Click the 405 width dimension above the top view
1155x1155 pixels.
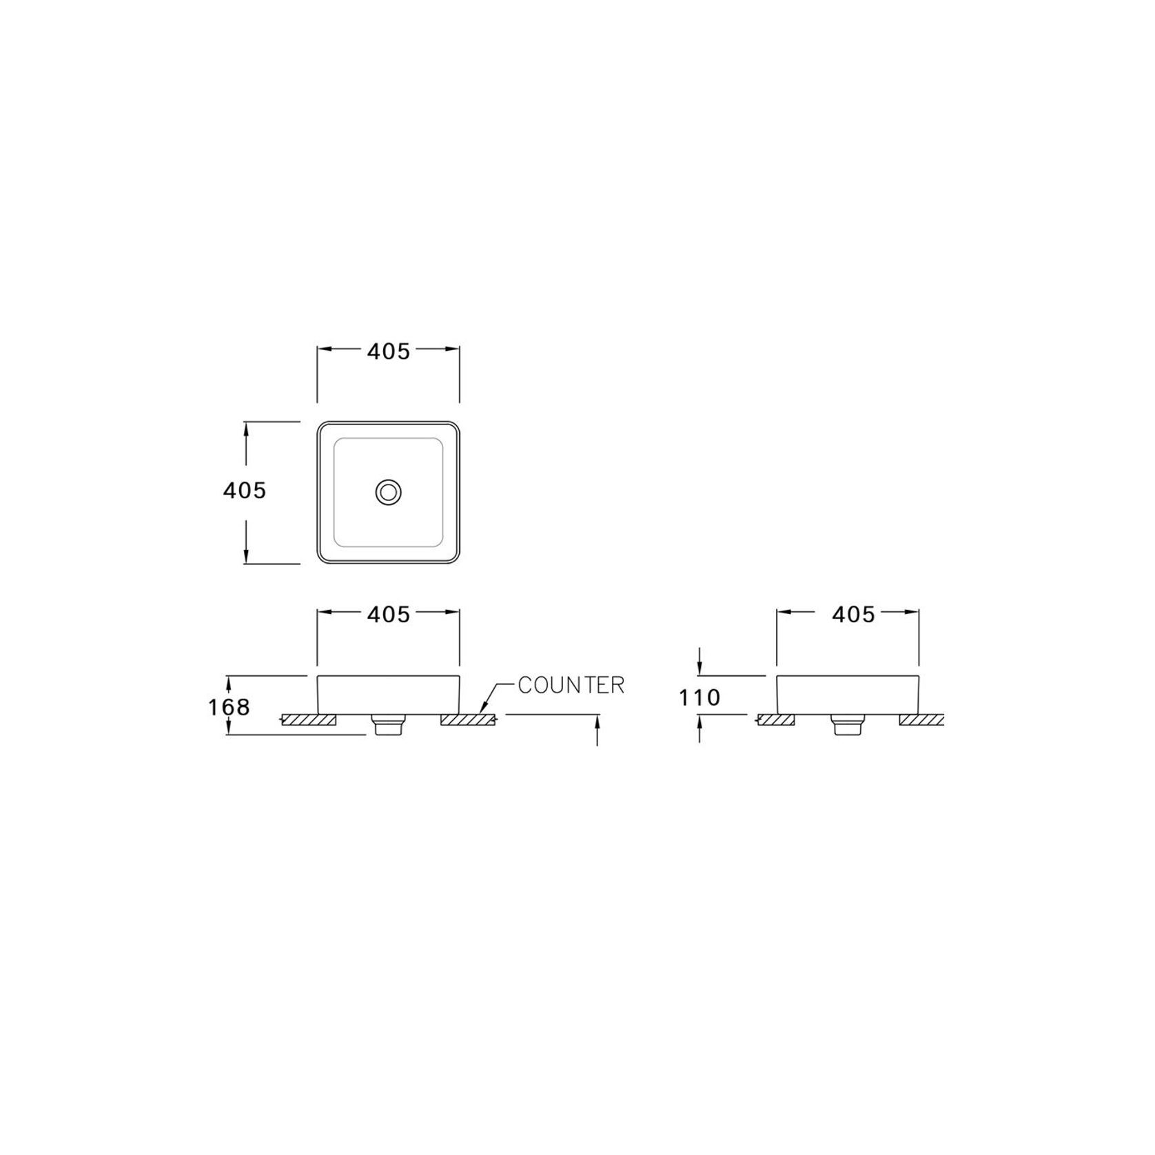click(x=388, y=351)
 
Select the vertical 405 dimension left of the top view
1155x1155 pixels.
click(x=244, y=491)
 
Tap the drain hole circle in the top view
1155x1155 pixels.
click(x=389, y=492)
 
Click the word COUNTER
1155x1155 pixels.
click(x=571, y=685)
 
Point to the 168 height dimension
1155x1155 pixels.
click(x=229, y=707)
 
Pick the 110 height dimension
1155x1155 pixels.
click(x=699, y=698)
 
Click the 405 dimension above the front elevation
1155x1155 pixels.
click(x=388, y=614)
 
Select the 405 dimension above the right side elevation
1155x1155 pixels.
click(x=853, y=614)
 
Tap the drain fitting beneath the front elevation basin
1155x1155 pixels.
click(x=389, y=725)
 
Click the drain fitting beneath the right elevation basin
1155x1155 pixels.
click(x=848, y=725)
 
